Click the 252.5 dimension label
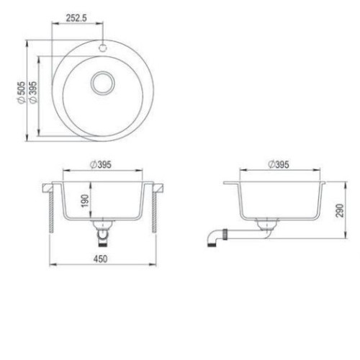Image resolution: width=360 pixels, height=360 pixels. point(76,18)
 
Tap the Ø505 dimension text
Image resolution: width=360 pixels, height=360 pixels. point(21,93)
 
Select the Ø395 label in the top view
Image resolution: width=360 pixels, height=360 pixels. point(33,92)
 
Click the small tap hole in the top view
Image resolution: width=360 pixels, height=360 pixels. point(103,48)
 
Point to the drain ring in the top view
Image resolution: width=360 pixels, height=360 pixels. point(103,83)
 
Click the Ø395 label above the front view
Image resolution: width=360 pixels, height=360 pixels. point(101,165)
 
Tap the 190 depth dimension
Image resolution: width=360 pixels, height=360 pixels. point(85,201)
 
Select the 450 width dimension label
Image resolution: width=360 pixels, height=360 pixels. point(100,259)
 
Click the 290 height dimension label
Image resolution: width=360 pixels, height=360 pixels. point(340,210)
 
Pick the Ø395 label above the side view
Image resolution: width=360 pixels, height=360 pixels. point(279,165)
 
